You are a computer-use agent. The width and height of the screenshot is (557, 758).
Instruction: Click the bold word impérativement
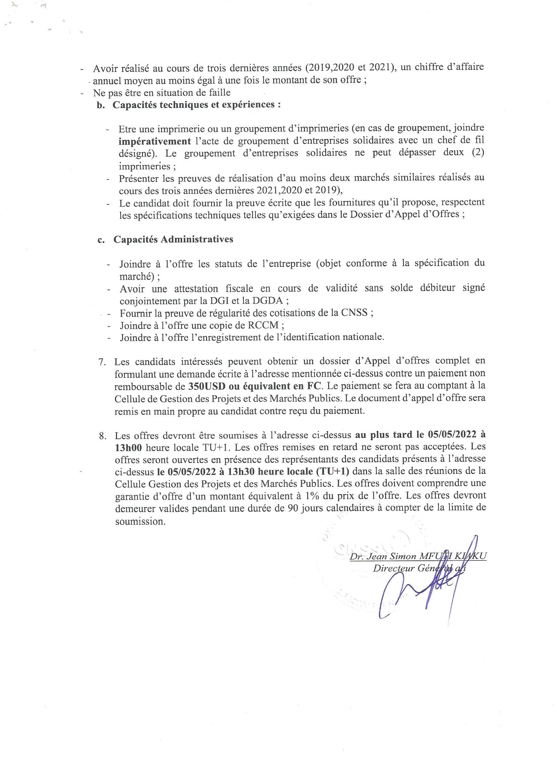(x=155, y=141)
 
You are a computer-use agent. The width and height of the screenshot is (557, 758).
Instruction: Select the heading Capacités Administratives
(x=173, y=239)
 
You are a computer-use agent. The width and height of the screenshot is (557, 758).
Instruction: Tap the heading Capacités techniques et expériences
(x=196, y=105)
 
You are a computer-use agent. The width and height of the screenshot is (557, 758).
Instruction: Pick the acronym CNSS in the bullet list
(x=354, y=313)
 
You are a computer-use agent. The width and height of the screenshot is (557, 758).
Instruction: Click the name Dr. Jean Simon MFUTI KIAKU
(x=417, y=556)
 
